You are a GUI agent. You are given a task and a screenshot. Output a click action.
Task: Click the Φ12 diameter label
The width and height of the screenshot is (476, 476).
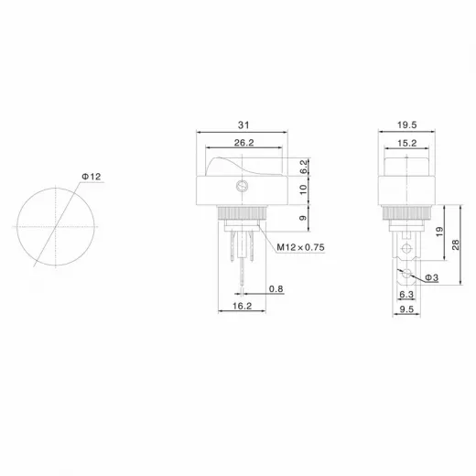click(x=92, y=177)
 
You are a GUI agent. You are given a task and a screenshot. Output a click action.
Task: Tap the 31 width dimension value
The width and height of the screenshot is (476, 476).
click(x=243, y=125)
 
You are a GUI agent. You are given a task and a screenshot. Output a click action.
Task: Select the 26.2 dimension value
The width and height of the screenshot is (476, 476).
click(x=243, y=143)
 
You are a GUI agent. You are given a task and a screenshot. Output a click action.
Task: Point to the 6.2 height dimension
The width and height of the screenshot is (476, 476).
click(x=304, y=167)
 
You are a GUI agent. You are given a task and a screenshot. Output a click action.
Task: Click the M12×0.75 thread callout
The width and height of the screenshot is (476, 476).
click(x=300, y=247)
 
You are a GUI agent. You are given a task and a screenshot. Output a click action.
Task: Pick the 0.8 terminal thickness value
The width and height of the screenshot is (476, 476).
click(x=276, y=288)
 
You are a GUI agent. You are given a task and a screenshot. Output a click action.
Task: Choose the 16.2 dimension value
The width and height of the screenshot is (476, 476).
click(x=243, y=306)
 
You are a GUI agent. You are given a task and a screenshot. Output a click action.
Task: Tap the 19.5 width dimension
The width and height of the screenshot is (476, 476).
click(x=407, y=125)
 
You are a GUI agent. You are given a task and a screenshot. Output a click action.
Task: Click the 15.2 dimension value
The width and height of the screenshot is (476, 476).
click(x=407, y=143)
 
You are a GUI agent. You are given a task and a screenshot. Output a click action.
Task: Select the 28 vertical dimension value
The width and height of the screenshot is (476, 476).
click(x=456, y=245)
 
